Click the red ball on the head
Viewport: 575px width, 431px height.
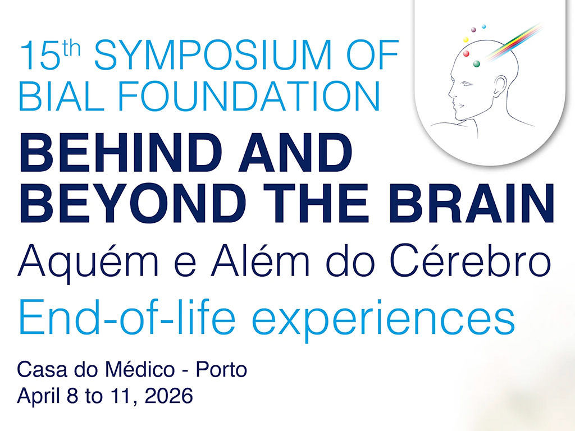pyautogui.click(x=466, y=54)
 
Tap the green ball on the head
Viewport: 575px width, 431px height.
pyautogui.click(x=477, y=63)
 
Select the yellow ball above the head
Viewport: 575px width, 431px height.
pyautogui.click(x=465, y=40)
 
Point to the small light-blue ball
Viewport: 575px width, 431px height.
pyautogui.click(x=484, y=26)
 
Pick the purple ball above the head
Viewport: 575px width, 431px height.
pyautogui.click(x=473, y=29)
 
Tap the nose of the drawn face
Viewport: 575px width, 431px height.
pyautogui.click(x=450, y=94)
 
